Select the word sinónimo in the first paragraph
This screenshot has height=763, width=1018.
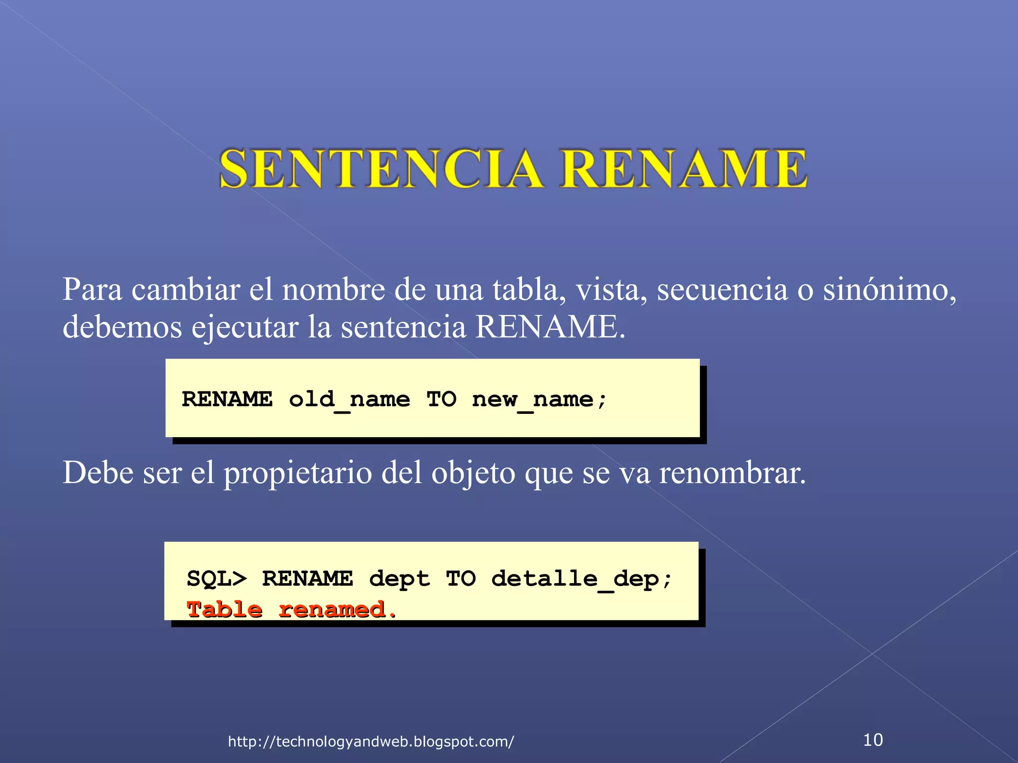point(889,290)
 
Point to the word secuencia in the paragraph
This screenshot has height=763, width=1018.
point(722,290)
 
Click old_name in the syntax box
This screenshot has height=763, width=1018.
point(349,399)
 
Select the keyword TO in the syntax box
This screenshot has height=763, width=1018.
point(441,399)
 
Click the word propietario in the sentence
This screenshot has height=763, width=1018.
point(297,473)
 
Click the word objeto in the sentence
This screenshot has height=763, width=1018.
point(473,473)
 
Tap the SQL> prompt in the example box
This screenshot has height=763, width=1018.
point(217,579)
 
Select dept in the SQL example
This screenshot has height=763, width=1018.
point(399,579)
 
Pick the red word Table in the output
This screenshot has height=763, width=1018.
point(224,610)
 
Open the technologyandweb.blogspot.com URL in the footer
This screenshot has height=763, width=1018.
point(371,742)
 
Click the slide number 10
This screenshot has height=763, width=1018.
point(873,740)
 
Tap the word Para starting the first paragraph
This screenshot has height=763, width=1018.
point(92,290)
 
